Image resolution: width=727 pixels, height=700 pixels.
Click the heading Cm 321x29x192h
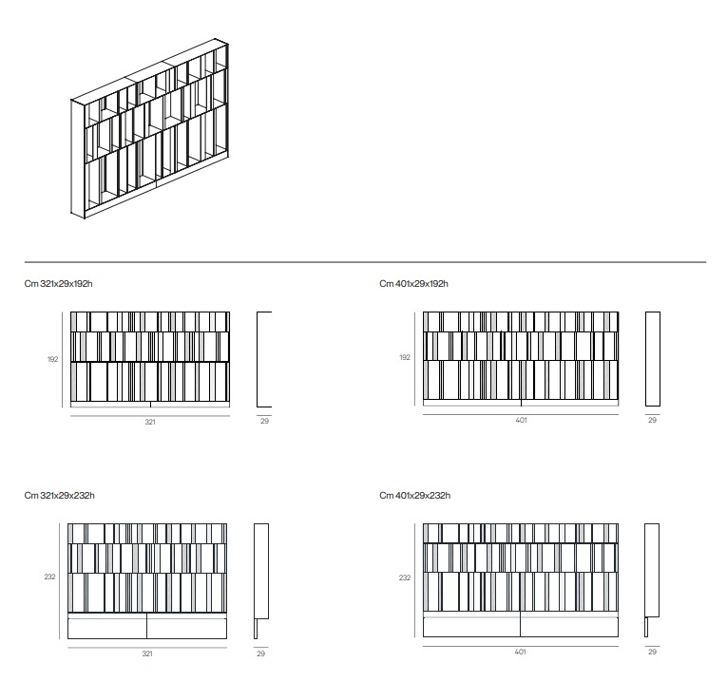[58, 284]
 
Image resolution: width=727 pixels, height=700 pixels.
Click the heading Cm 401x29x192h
[413, 284]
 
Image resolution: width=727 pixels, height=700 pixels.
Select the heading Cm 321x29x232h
[59, 495]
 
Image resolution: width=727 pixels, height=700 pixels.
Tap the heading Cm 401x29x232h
[414, 495]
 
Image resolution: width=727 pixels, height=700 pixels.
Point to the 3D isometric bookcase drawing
[150, 128]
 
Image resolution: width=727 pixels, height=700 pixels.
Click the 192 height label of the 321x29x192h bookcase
[53, 359]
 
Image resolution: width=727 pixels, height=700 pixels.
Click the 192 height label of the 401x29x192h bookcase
[405, 357]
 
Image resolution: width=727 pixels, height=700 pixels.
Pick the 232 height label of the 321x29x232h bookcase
[49, 577]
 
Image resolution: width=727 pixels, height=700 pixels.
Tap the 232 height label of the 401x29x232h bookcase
[405, 577]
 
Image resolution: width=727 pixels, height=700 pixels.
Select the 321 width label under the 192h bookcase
[150, 422]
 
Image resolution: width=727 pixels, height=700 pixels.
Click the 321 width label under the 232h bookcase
[147, 653]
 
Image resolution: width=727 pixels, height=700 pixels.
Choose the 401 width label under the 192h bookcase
[521, 420]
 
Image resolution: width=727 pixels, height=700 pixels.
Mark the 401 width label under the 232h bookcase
[520, 652]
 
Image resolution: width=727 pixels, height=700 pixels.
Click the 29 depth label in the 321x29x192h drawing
[264, 421]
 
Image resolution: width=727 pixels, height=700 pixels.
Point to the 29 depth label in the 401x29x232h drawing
[652, 652]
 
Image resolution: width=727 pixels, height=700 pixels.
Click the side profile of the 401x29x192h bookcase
[652, 359]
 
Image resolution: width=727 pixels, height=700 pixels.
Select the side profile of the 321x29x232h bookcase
[261, 581]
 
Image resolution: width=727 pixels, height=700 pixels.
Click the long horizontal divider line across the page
[365, 262]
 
